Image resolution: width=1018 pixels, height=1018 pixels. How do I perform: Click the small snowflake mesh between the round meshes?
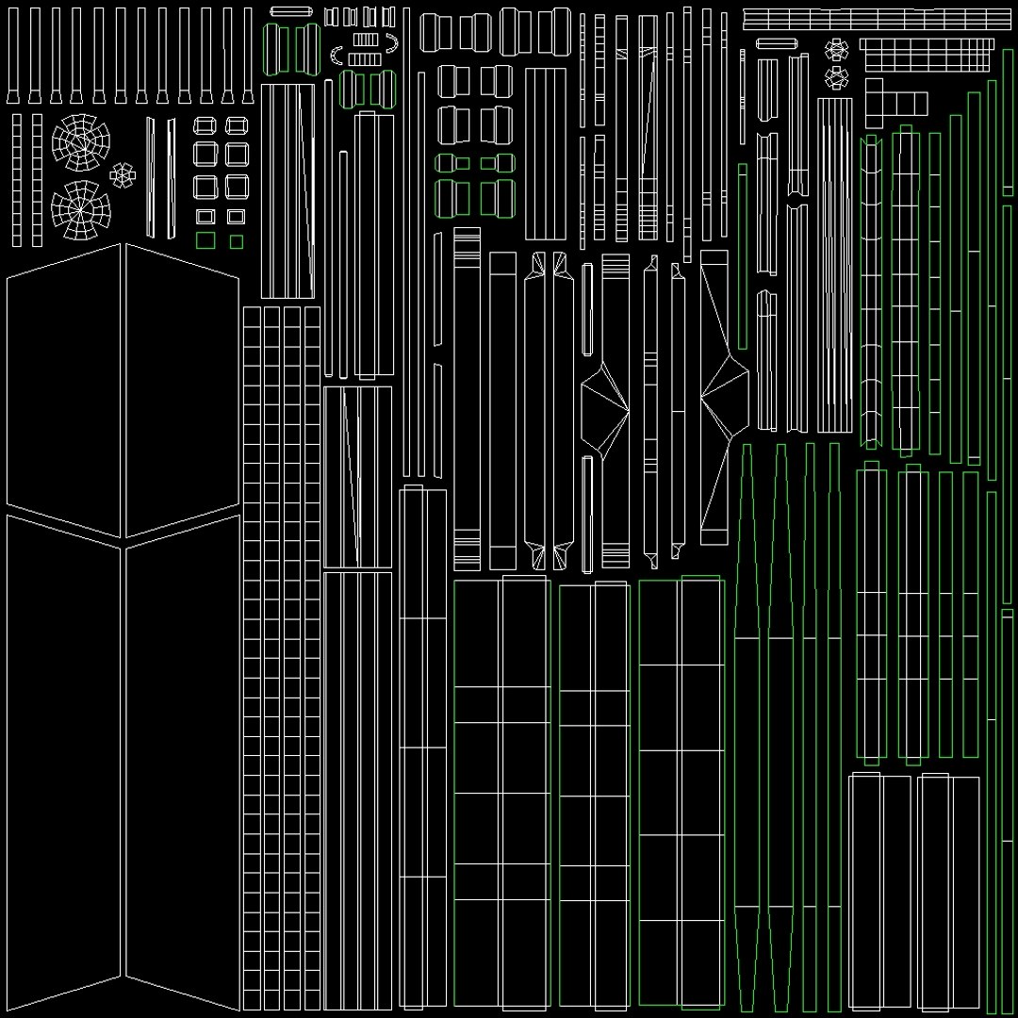(x=122, y=174)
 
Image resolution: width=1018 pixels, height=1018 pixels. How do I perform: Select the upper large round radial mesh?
(x=80, y=141)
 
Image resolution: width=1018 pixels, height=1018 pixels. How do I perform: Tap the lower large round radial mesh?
(x=80, y=208)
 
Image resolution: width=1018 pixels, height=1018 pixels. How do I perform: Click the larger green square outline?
(x=205, y=240)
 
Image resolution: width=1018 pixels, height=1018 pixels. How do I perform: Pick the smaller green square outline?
(x=237, y=241)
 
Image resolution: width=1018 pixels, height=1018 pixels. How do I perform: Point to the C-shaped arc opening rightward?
(x=337, y=56)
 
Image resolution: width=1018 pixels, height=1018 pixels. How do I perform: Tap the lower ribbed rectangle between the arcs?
(x=365, y=59)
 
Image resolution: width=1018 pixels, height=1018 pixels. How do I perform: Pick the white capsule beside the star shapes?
(x=778, y=43)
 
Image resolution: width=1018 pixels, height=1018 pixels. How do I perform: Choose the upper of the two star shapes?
(x=835, y=49)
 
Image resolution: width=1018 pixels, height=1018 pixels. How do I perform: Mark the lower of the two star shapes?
(x=835, y=74)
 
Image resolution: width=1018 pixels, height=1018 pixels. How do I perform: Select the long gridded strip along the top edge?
(x=877, y=19)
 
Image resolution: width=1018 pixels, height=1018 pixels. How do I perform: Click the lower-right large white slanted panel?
(x=183, y=763)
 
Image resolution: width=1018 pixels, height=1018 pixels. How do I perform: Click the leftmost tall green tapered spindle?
(x=748, y=726)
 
